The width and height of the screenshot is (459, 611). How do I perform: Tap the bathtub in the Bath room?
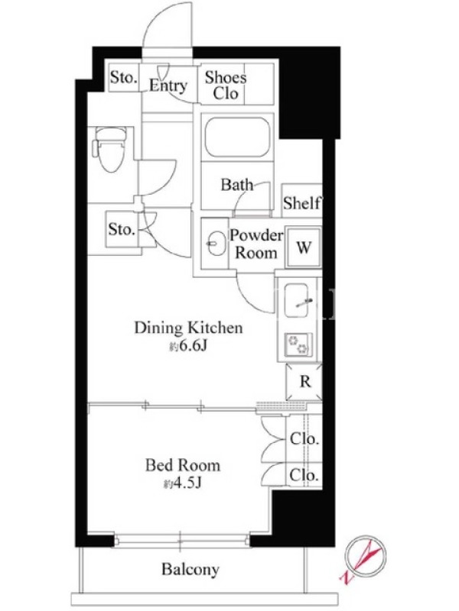click(238, 137)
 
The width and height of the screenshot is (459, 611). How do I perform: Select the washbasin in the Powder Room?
click(216, 244)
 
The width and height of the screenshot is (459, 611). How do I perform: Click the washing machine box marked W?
click(304, 247)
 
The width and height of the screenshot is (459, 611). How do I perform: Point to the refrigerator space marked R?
click(304, 382)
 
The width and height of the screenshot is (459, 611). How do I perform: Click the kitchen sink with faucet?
click(298, 300)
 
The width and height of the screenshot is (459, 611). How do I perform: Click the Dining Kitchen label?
click(188, 328)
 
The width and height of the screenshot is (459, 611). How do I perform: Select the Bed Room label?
click(183, 465)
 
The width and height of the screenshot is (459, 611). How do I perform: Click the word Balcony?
click(190, 570)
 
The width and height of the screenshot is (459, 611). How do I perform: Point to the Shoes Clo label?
click(226, 86)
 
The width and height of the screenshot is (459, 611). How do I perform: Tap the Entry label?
click(168, 86)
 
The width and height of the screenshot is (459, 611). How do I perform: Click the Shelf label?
click(302, 202)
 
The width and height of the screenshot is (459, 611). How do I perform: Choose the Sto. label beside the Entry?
click(123, 77)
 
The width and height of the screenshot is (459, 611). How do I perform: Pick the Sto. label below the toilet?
click(122, 229)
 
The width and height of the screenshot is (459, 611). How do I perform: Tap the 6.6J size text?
click(187, 347)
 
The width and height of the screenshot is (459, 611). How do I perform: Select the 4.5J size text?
click(182, 484)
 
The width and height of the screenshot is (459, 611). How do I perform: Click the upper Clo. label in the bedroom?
click(304, 439)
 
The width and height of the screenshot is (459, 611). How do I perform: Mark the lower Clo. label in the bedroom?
click(304, 475)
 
